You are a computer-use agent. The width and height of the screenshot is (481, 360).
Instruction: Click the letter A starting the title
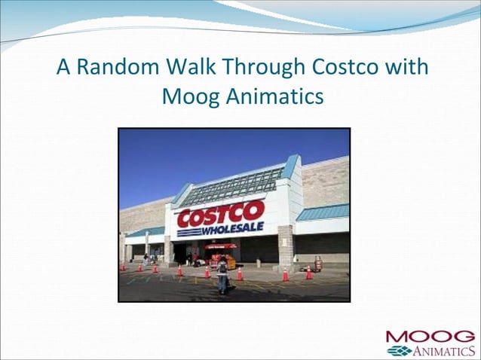click(x=63, y=68)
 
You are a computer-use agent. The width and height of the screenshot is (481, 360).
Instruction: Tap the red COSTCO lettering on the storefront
click(x=220, y=214)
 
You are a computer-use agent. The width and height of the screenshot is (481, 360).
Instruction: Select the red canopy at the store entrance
click(x=220, y=246)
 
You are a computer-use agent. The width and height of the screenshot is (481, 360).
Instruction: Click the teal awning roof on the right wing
click(x=323, y=212)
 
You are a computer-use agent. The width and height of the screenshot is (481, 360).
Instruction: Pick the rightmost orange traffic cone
click(x=309, y=273)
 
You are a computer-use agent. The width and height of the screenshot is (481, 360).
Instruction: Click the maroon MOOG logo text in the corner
click(x=430, y=336)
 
